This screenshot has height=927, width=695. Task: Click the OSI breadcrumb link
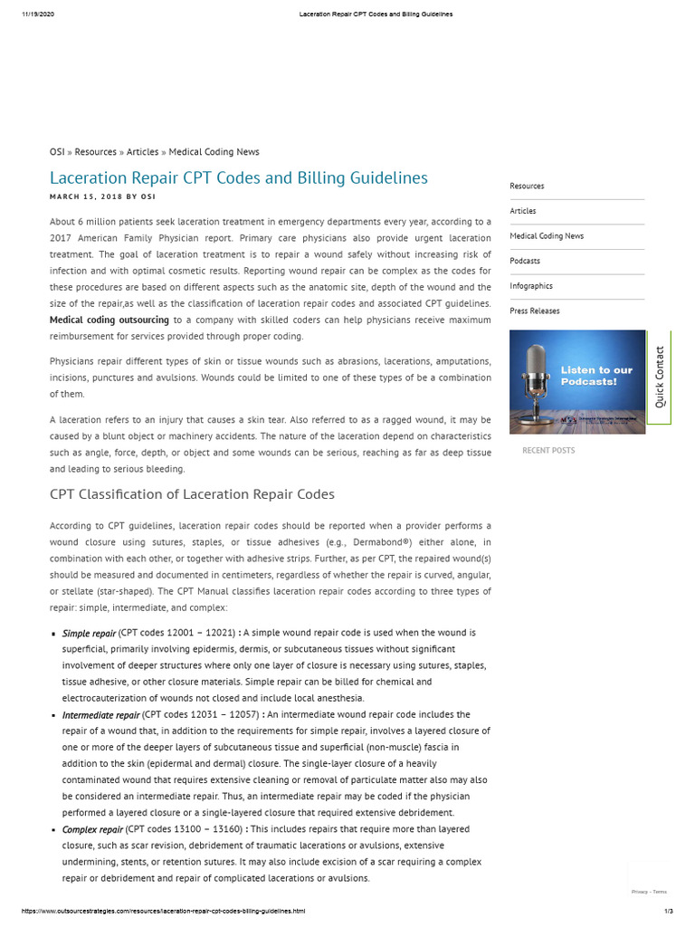[x=56, y=152]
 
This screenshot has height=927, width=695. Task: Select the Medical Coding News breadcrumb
[x=214, y=152]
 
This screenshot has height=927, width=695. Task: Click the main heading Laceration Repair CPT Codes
[x=238, y=178]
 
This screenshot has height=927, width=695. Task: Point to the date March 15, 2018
[x=85, y=196]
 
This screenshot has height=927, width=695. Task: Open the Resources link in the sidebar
[x=527, y=186]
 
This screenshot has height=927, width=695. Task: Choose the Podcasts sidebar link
[x=525, y=261]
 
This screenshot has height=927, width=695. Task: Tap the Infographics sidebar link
[x=531, y=286]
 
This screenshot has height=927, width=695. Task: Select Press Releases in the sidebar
[x=535, y=311]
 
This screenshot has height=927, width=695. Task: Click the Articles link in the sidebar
[x=523, y=211]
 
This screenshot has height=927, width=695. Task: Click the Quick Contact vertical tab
[x=660, y=377]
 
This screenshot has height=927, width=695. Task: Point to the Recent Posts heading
[x=548, y=450]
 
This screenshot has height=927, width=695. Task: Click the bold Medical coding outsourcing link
[x=109, y=320]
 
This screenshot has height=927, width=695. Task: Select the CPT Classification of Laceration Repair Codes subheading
[x=192, y=494]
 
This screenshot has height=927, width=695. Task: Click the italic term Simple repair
[x=89, y=633]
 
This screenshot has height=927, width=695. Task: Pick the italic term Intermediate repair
[x=100, y=714]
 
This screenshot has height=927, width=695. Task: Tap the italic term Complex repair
[x=92, y=829]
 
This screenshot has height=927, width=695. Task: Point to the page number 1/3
[x=669, y=911]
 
